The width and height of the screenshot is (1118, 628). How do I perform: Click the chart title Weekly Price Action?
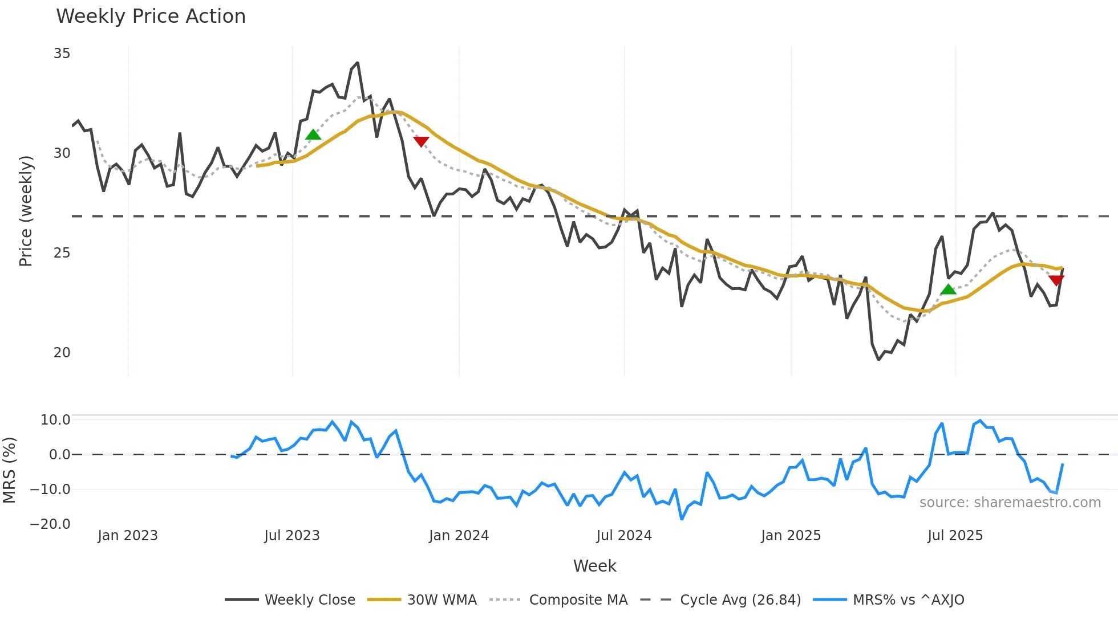151,17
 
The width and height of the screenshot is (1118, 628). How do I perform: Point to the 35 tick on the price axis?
62,54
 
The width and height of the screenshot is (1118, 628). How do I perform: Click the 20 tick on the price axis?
62,353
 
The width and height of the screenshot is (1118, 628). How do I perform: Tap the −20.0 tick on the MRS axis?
50,524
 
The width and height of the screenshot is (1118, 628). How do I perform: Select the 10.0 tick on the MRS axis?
55,420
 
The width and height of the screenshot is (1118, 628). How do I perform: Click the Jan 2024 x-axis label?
459,536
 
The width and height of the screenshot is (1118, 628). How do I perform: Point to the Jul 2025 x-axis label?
955,536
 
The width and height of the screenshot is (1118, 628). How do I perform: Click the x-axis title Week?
594,566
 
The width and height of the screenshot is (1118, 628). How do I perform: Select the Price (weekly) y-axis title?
26,211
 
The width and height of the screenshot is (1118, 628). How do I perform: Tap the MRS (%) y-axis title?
9,470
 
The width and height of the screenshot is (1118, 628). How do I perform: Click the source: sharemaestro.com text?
1010,503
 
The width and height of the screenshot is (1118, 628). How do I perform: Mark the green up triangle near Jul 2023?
313,135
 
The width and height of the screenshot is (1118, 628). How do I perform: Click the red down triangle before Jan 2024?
421,141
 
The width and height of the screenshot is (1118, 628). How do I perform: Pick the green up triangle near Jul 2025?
948,289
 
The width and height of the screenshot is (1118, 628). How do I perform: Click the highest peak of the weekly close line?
358,63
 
